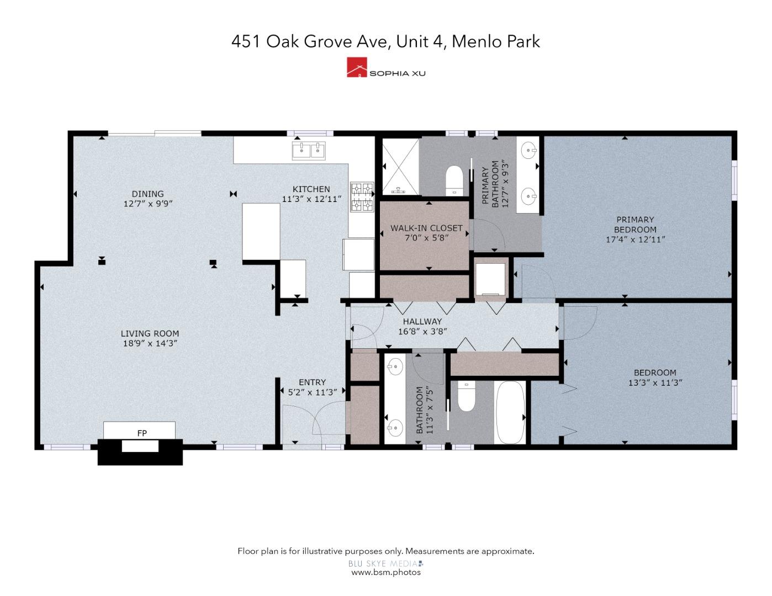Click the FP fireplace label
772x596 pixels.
[142, 433]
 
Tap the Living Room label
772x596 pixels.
[150, 333]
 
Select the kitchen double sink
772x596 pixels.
[309, 149]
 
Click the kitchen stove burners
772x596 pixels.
[362, 198]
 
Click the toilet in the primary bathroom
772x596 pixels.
[454, 179]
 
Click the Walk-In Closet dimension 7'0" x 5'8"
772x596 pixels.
[426, 238]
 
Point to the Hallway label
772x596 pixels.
[422, 321]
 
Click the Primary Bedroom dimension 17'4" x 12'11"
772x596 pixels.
[635, 240]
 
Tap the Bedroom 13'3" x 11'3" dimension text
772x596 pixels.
[655, 382]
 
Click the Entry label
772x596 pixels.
[312, 382]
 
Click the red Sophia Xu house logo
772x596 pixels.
[357, 67]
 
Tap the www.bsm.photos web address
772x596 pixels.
[386, 572]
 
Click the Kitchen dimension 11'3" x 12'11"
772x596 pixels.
[311, 199]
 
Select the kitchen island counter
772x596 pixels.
[261, 231]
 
